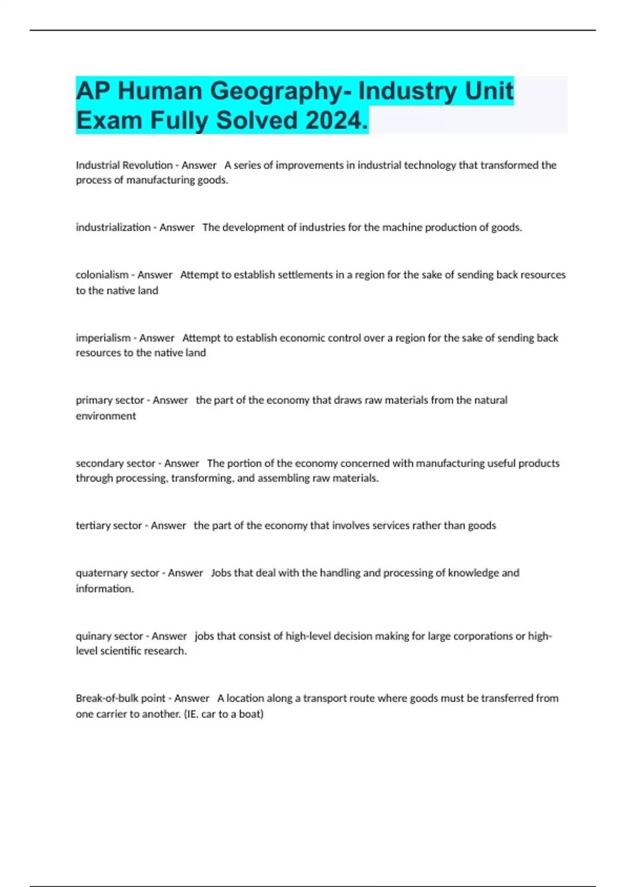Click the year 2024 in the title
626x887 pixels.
(336, 121)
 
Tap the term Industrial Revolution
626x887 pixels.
(124, 165)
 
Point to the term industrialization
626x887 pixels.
(113, 227)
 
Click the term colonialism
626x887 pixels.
(102, 275)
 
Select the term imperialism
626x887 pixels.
(103, 338)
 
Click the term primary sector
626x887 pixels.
(110, 400)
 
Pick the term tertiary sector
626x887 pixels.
(109, 525)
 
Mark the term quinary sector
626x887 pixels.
(109, 636)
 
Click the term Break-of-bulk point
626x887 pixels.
(121, 698)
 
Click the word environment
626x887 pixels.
(106, 416)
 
